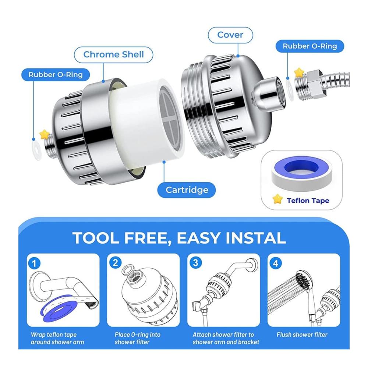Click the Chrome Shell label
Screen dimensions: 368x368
(x=114, y=55)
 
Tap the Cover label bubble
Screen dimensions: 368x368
(x=230, y=35)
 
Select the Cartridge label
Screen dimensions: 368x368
(x=187, y=190)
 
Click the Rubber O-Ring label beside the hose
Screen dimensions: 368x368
(x=309, y=46)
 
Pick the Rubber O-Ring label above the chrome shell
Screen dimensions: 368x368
(x=56, y=75)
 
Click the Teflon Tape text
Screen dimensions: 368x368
(x=308, y=201)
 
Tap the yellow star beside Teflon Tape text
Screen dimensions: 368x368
(x=277, y=199)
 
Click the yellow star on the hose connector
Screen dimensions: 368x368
(x=299, y=72)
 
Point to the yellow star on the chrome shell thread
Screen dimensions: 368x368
(x=45, y=134)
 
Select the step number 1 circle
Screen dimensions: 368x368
(x=34, y=263)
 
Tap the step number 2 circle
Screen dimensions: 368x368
(x=115, y=263)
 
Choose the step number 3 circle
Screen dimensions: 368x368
(x=195, y=263)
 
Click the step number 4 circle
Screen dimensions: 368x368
(x=276, y=263)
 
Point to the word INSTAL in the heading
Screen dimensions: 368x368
(x=256, y=238)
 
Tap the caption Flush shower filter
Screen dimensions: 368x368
(x=302, y=335)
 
